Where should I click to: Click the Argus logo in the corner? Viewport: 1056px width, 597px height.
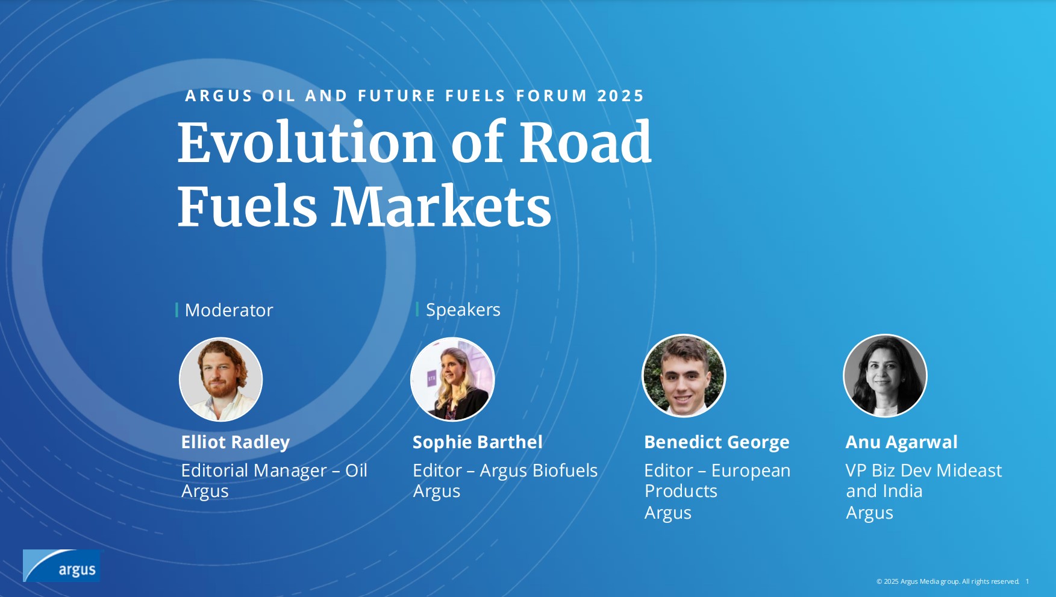click(61, 566)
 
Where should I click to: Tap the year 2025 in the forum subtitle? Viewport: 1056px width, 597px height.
click(620, 96)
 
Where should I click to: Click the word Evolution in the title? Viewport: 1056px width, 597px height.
click(307, 143)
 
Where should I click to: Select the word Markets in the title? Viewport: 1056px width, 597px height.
click(441, 207)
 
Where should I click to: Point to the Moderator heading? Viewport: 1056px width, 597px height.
click(229, 310)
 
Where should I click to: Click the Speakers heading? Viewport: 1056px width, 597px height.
click(463, 310)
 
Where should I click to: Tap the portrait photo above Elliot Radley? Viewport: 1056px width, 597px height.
click(221, 379)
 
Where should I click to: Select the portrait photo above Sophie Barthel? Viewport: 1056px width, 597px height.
click(452, 379)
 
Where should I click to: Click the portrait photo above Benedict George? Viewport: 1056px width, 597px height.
click(684, 376)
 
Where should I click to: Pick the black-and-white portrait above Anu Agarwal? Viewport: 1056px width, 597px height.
click(885, 376)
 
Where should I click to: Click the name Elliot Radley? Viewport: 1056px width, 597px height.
click(236, 442)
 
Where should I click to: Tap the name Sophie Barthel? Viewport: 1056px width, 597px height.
click(478, 442)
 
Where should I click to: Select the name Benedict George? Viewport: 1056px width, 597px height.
click(717, 442)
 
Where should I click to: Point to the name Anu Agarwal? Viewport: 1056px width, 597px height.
click(901, 442)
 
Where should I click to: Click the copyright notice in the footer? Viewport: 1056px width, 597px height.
click(948, 581)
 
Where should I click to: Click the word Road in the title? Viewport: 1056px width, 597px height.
click(586, 143)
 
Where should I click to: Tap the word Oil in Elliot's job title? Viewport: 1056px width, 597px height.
click(356, 470)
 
